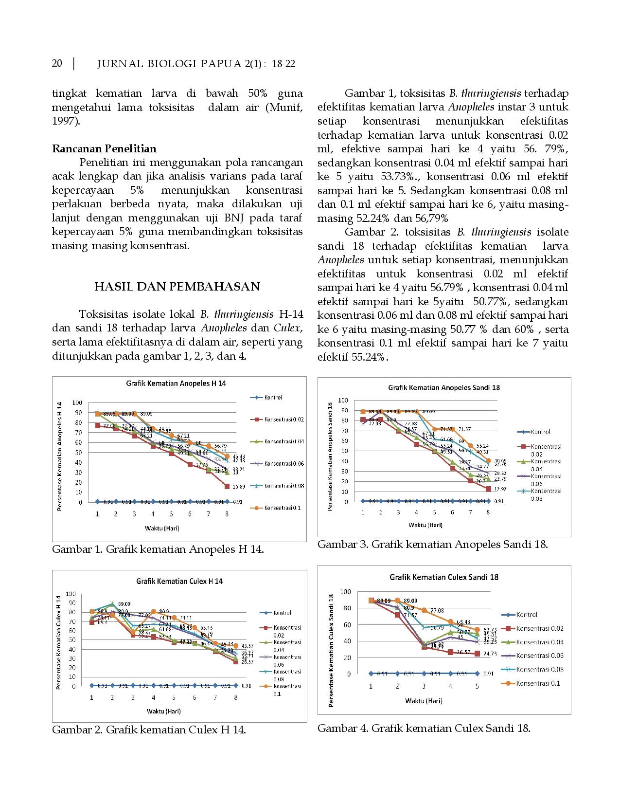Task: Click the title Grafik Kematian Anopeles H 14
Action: [176, 383]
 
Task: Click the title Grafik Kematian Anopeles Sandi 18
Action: [443, 388]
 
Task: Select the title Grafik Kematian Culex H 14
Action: [179, 581]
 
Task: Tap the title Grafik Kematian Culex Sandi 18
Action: [443, 577]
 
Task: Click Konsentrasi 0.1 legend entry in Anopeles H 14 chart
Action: [282, 508]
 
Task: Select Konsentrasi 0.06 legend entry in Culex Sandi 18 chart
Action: [539, 656]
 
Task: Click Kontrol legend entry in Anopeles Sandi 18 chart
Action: [540, 432]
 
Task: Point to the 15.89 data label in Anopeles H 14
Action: [238, 487]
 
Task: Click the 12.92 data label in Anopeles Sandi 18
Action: [500, 489]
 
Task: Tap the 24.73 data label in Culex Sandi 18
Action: [490, 654]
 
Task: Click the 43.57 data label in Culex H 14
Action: [247, 646]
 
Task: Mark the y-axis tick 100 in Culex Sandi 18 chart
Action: [345, 592]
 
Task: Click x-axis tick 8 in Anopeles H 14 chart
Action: [227, 514]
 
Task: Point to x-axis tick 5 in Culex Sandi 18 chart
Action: [477, 686]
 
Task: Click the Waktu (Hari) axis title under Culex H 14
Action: [163, 711]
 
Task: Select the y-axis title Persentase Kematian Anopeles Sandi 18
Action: [330, 456]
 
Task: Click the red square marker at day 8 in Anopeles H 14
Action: [227, 486]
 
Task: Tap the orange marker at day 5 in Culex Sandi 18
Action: [477, 630]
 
